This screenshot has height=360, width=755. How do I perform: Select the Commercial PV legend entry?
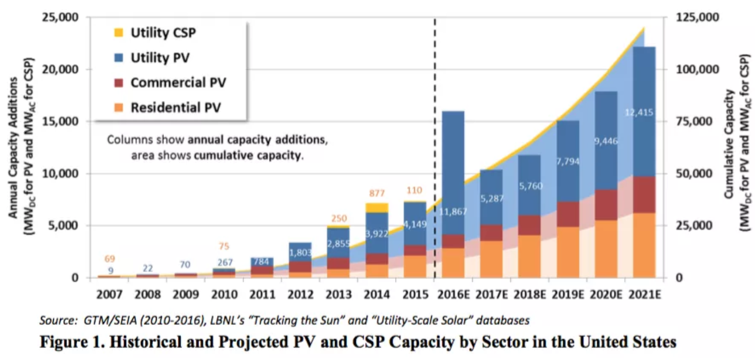(178, 83)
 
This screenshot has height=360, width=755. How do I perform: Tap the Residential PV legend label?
(176, 108)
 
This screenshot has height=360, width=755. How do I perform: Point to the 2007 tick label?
(109, 295)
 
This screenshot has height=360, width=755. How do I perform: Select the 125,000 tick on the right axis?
(698, 18)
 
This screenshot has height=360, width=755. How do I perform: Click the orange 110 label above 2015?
(414, 190)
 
